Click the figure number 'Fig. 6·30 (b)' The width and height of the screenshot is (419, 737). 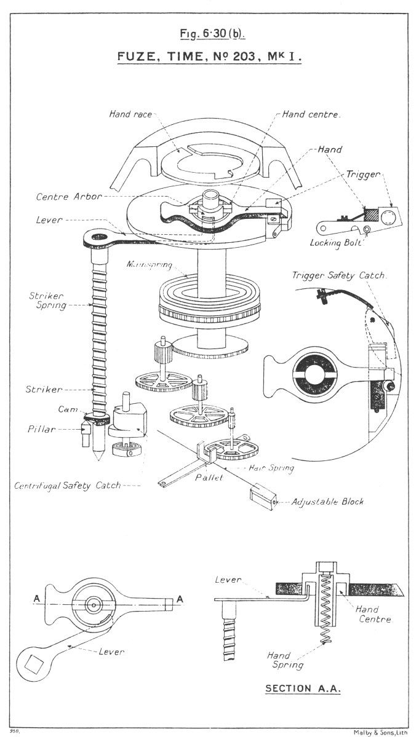(209, 33)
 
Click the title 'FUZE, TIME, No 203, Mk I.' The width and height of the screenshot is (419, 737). (209, 57)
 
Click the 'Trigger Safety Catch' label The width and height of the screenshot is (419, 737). (340, 276)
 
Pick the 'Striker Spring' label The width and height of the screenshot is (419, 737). (47, 300)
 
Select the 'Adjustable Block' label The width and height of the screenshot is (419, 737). (328, 502)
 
